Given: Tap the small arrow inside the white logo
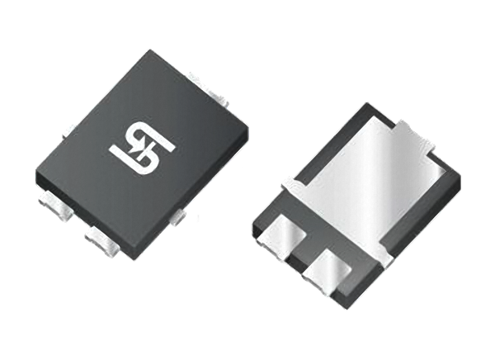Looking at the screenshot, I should [x=139, y=149].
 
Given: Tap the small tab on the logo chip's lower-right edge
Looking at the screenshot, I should [x=178, y=216].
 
